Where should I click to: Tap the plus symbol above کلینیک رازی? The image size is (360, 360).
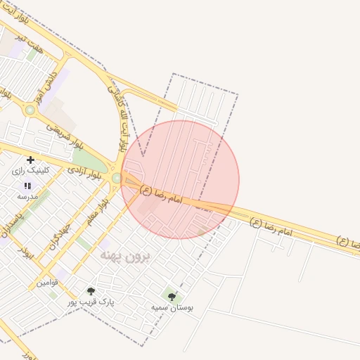coord(30,160)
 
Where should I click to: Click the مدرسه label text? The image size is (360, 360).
coord(27,196)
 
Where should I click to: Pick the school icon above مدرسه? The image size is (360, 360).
coord(27,186)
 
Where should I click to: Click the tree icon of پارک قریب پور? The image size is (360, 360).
coord(90,290)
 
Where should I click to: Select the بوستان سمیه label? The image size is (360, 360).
coord(172,307)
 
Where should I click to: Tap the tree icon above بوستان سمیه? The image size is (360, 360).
coord(172,296)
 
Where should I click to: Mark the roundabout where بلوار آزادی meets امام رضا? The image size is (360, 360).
coord(116,178)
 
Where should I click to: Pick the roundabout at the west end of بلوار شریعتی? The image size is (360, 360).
coord(30,110)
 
